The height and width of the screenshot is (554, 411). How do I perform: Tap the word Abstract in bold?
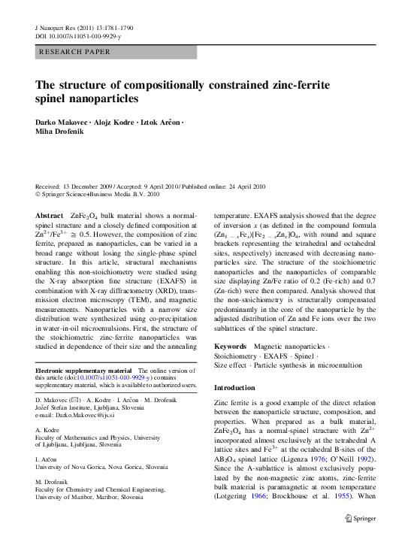(50, 216)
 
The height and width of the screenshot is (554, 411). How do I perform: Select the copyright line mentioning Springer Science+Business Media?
(98, 194)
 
